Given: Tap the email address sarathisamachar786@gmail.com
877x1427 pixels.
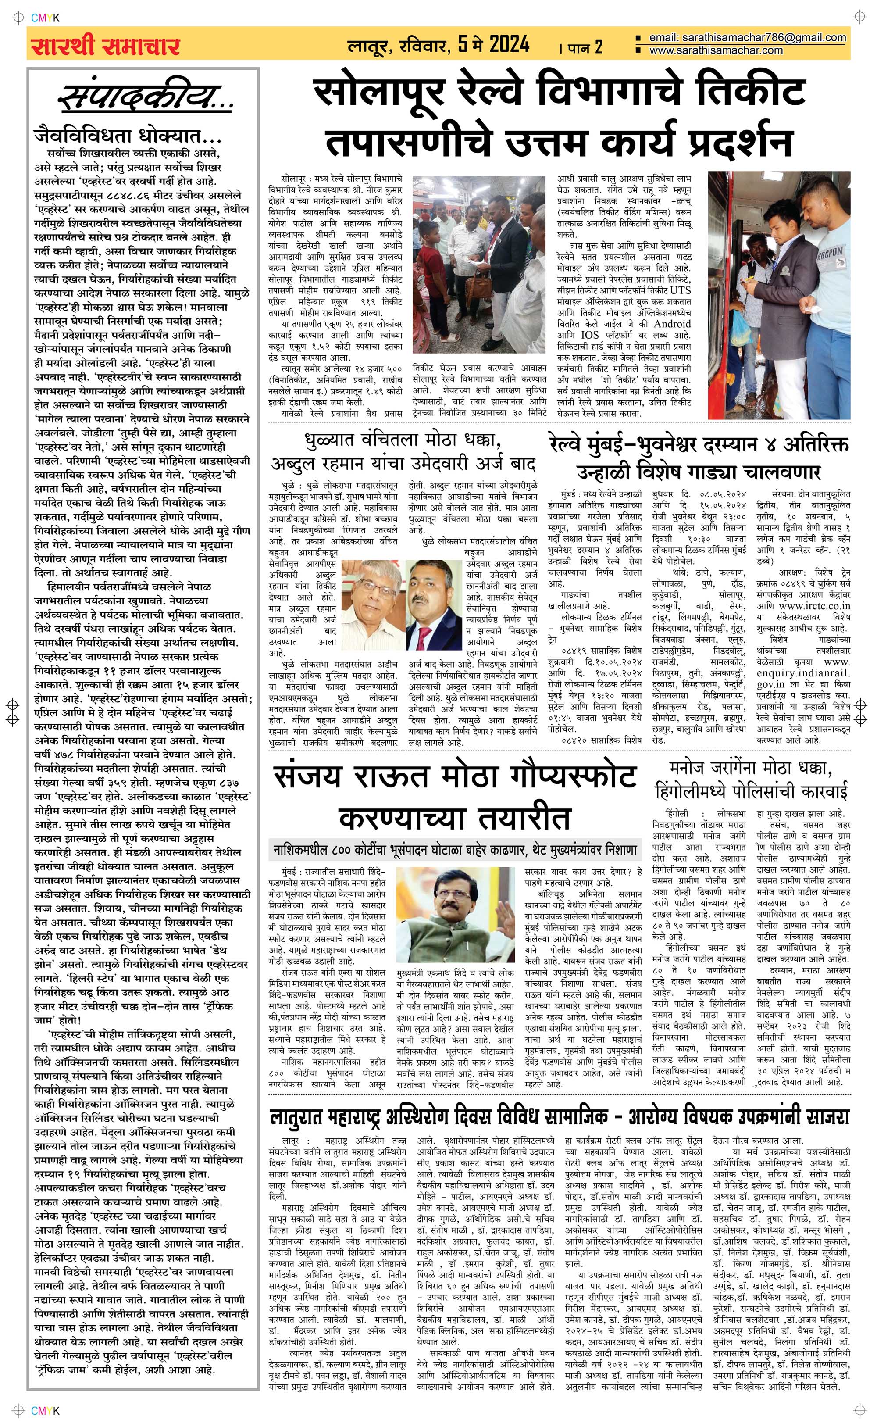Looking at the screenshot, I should pyautogui.click(x=747, y=38).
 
